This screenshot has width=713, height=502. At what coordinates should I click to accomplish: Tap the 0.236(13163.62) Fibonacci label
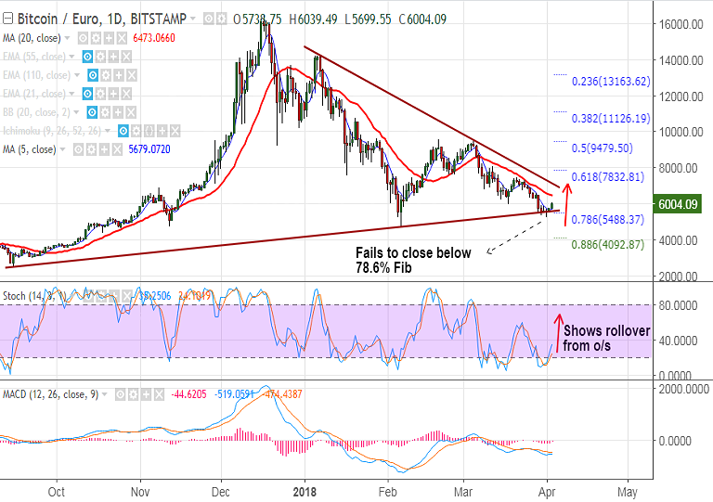(609, 81)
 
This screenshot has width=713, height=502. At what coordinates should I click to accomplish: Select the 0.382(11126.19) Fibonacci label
(609, 119)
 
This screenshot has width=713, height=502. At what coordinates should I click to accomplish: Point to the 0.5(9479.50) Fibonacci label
(603, 148)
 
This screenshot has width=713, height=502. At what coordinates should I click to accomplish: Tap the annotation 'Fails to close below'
(413, 252)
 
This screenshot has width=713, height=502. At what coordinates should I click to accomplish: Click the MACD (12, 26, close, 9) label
(50, 393)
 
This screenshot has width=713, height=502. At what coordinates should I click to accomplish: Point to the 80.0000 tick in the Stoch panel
(681, 304)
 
